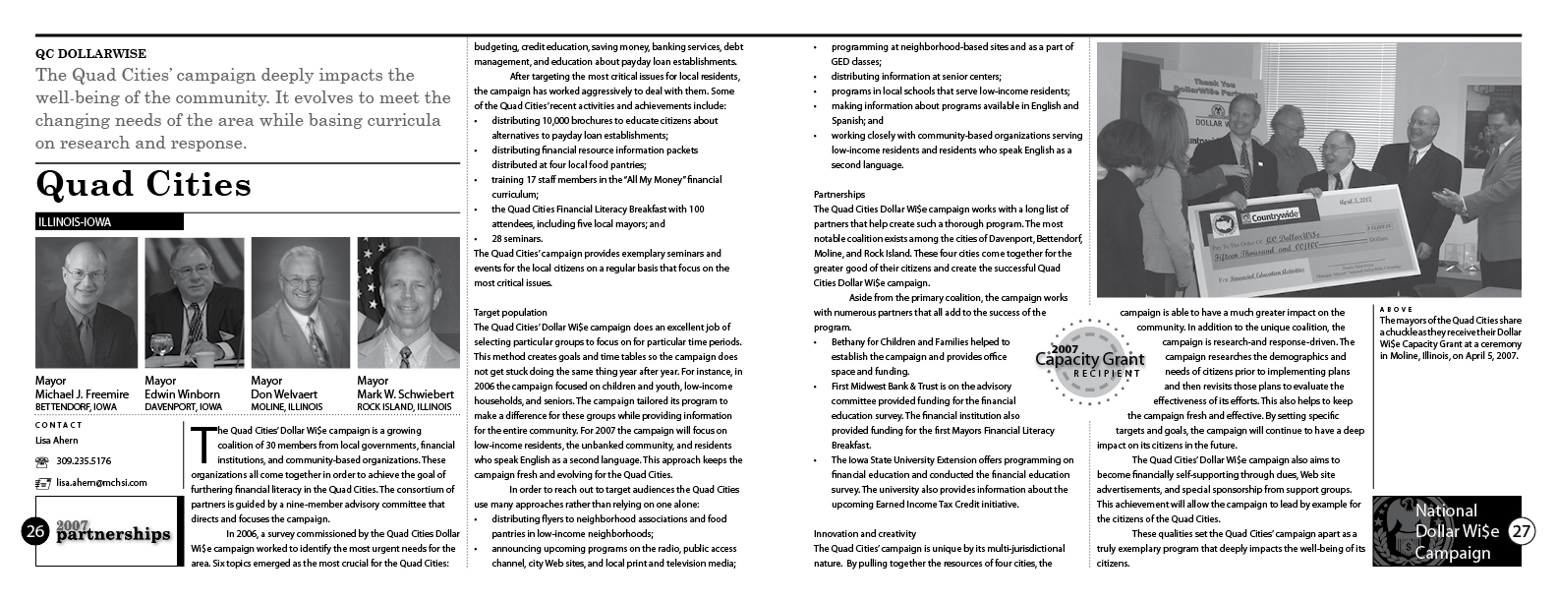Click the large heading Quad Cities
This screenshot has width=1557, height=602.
tap(144, 185)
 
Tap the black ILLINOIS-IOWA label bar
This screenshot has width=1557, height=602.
tap(108, 222)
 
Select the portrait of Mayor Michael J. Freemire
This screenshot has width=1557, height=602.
tap(85, 301)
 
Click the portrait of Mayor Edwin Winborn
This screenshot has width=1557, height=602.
tap(194, 301)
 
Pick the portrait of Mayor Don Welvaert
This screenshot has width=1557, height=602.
tap(300, 301)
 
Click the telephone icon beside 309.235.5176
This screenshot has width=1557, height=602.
tap(42, 461)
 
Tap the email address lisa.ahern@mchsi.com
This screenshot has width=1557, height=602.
tap(102, 482)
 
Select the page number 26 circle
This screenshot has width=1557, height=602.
tap(35, 532)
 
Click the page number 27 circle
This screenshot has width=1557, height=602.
tap(1520, 531)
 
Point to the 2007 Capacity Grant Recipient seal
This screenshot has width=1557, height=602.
tap(1088, 360)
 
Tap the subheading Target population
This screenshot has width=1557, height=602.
tap(510, 312)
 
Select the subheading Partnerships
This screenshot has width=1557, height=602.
tap(839, 195)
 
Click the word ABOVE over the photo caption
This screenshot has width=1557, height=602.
tap(1396, 310)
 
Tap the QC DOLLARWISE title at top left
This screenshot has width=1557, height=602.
tap(89, 55)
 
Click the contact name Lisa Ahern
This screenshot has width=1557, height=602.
tap(57, 441)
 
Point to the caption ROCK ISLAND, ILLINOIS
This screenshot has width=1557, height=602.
tap(404, 406)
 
